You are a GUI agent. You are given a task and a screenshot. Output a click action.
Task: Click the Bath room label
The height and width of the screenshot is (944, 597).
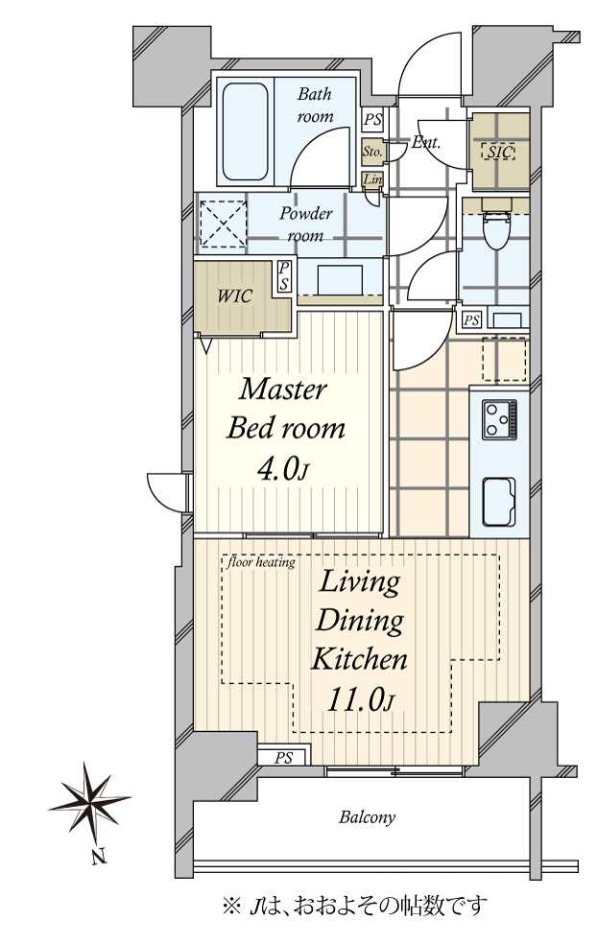click(x=314, y=106)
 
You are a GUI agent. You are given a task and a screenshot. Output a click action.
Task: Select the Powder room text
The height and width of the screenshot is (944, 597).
click(x=306, y=224)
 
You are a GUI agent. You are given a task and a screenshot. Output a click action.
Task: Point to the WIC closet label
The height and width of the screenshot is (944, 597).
click(x=234, y=295)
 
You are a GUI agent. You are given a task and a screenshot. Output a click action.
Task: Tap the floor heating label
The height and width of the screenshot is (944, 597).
click(x=262, y=562)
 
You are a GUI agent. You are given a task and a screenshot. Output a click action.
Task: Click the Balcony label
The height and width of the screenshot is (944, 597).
click(x=367, y=817)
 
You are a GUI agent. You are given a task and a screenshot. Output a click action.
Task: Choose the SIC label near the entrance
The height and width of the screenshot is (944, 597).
click(x=498, y=152)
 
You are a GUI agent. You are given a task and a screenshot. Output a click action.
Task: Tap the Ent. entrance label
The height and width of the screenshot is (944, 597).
click(x=426, y=143)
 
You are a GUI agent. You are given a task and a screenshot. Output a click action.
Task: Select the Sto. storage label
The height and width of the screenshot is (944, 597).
click(x=372, y=152)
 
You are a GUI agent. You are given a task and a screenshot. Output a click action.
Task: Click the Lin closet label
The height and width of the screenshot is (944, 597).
click(x=372, y=179)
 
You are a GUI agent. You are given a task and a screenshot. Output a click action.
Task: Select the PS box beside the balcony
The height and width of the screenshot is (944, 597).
click(x=283, y=757)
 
